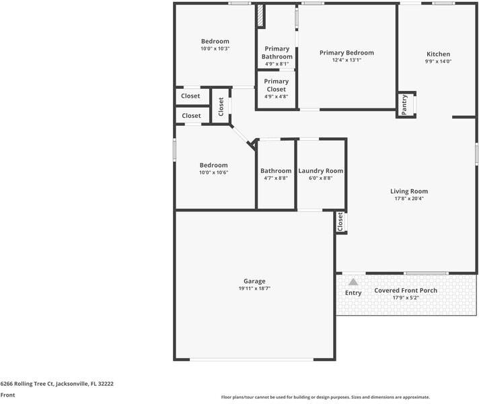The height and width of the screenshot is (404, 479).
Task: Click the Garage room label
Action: coord(254,281)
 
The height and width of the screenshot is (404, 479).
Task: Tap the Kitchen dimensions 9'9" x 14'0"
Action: coord(438,62)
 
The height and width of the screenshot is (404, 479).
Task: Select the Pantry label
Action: coord(404,104)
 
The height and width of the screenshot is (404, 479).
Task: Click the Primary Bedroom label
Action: coord(346,53)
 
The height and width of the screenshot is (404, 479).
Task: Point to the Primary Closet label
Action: coord(277,86)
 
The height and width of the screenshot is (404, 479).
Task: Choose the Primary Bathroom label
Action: coord(277,53)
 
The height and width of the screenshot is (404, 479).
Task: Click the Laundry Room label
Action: coord(321,171)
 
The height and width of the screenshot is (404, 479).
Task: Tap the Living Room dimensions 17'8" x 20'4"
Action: coord(409,199)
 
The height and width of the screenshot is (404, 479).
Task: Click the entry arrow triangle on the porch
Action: coord(353,282)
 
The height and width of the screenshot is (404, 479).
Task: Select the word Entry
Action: coord(353,293)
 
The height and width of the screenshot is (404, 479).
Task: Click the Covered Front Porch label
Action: coord(406,290)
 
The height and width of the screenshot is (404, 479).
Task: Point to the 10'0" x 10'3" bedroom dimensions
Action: coord(215,49)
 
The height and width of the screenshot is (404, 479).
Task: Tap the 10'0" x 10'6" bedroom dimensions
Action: coord(213,172)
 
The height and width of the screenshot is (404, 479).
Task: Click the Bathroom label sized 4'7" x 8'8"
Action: coord(276,171)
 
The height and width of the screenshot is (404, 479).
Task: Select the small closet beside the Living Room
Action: coord(340,222)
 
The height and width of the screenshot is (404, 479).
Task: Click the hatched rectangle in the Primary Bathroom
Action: coord(259,17)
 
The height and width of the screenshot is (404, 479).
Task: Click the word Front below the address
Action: coord(7,395)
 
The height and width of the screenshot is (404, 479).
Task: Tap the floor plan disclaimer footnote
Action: coord(326,397)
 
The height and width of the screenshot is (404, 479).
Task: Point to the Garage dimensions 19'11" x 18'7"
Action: coord(254,288)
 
